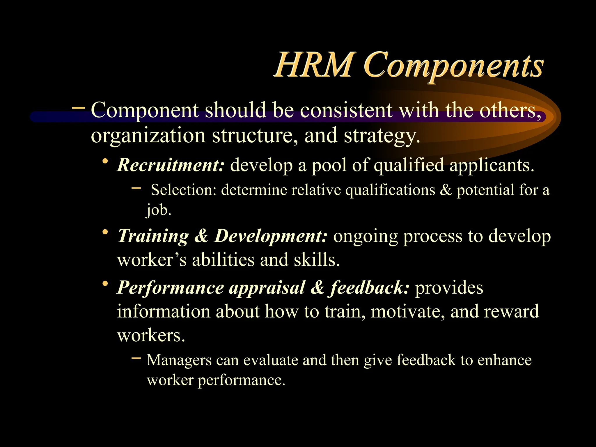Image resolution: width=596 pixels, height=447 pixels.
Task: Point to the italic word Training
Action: (153, 236)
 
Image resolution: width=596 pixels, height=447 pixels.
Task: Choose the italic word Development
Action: (271, 236)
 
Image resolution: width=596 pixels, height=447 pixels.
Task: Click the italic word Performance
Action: (171, 288)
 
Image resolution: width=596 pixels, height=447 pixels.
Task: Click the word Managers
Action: (179, 360)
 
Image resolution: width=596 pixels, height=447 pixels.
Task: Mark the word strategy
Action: (382, 136)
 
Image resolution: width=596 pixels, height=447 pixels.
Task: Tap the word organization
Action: (148, 136)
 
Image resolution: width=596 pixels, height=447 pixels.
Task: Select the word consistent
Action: (346, 110)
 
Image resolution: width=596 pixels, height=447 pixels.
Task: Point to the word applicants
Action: (492, 165)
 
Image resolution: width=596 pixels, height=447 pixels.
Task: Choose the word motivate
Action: (408, 311)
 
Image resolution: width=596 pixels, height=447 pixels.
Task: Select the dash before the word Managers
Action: (136, 358)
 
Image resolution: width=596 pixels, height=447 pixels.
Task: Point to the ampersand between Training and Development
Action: (201, 236)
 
